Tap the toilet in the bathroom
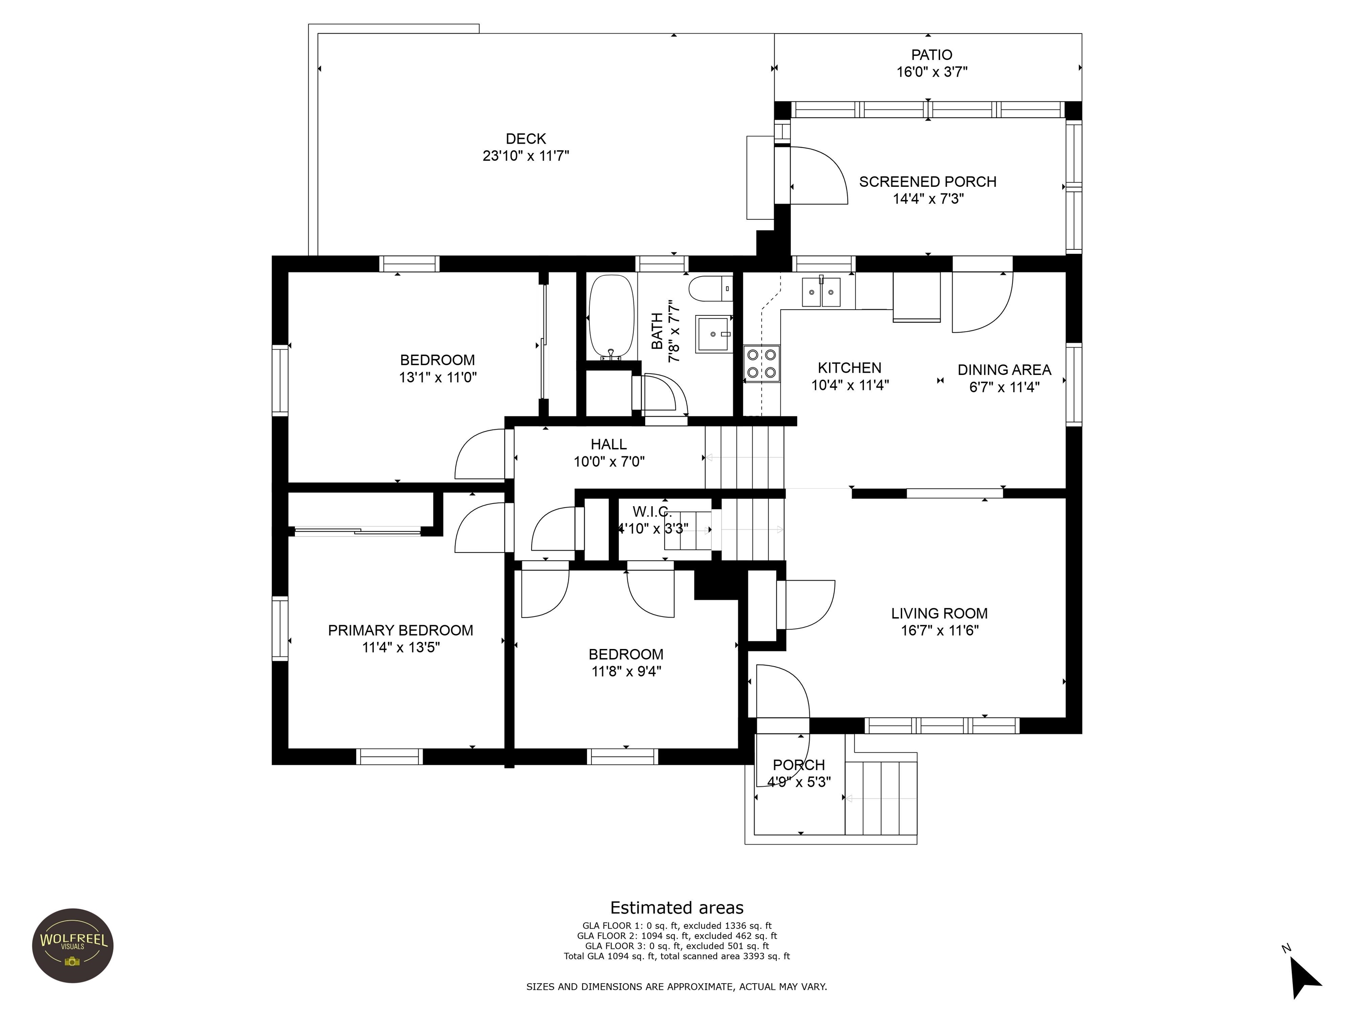click(x=710, y=289)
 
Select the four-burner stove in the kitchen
click(x=762, y=363)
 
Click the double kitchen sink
click(x=822, y=291)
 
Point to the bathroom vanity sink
click(x=714, y=334)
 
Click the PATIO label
click(x=932, y=55)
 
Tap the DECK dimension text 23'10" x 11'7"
click(x=526, y=156)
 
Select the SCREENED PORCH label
click(x=927, y=182)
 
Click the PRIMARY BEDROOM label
click(x=400, y=630)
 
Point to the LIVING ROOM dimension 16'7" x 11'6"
click(x=940, y=630)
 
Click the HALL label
click(x=608, y=444)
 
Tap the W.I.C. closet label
click(x=652, y=511)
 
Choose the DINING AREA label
click(x=1004, y=370)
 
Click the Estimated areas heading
click(x=677, y=908)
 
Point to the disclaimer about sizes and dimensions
click(x=677, y=987)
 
